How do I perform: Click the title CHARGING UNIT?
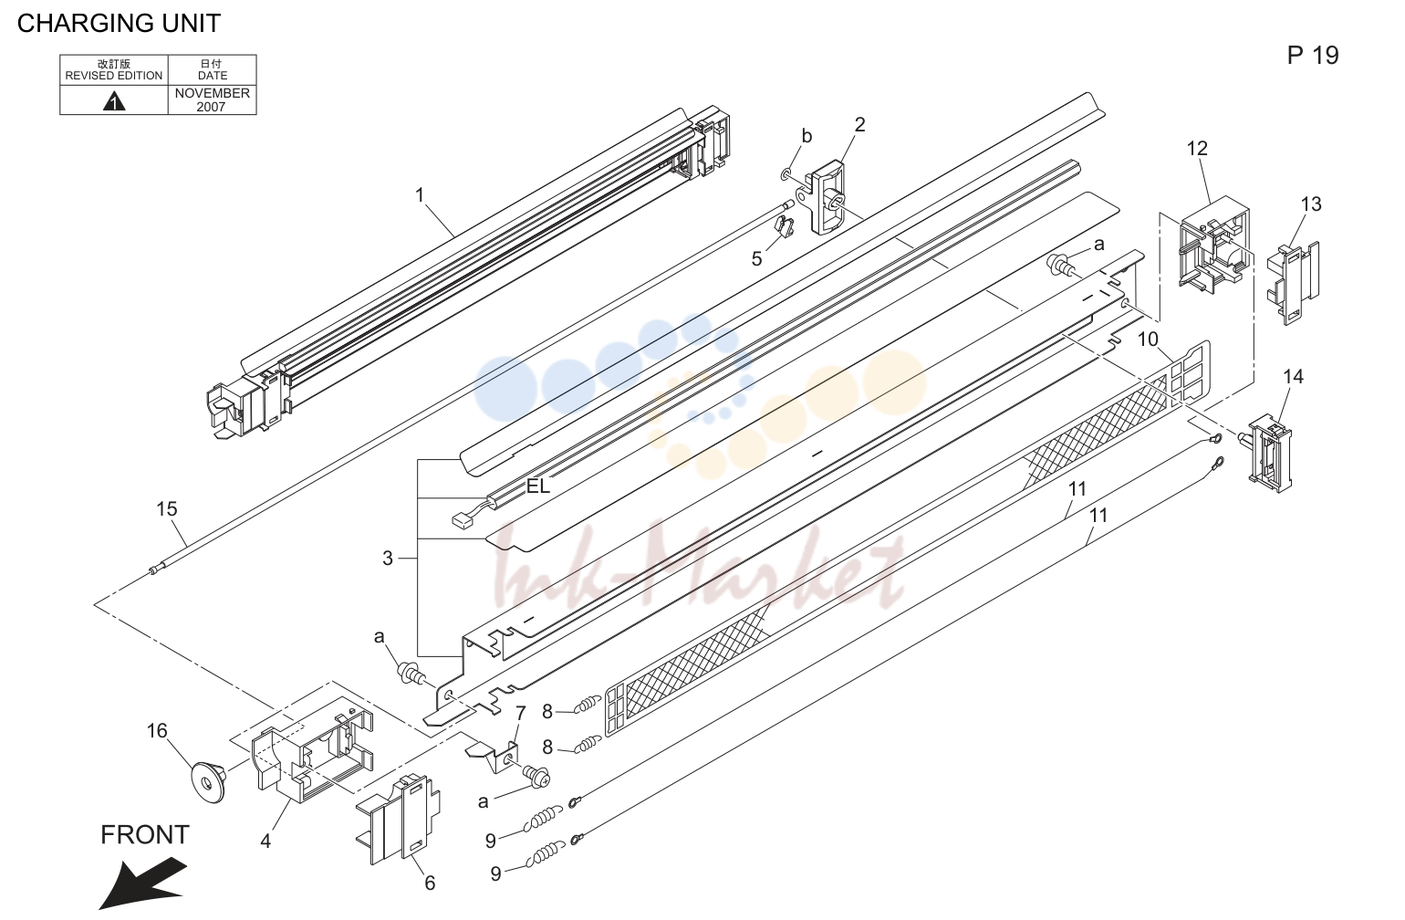(x=119, y=24)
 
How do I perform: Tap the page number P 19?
(x=1313, y=56)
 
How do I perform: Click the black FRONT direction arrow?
(x=142, y=883)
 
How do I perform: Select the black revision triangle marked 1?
(x=113, y=101)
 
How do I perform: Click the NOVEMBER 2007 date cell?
(x=212, y=99)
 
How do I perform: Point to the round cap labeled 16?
(x=208, y=780)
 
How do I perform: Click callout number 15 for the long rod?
(x=167, y=509)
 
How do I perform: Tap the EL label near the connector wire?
(x=537, y=486)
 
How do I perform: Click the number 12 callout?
(x=1197, y=149)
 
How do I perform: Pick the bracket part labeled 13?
(x=1292, y=283)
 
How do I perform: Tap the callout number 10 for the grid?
(x=1148, y=340)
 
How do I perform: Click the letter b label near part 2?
(x=807, y=136)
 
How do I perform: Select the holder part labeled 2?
(x=824, y=197)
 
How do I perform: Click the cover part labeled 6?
(x=399, y=820)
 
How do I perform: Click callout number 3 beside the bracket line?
(x=388, y=558)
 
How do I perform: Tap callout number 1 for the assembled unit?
(x=420, y=195)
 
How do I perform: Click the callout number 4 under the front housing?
(x=265, y=841)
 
